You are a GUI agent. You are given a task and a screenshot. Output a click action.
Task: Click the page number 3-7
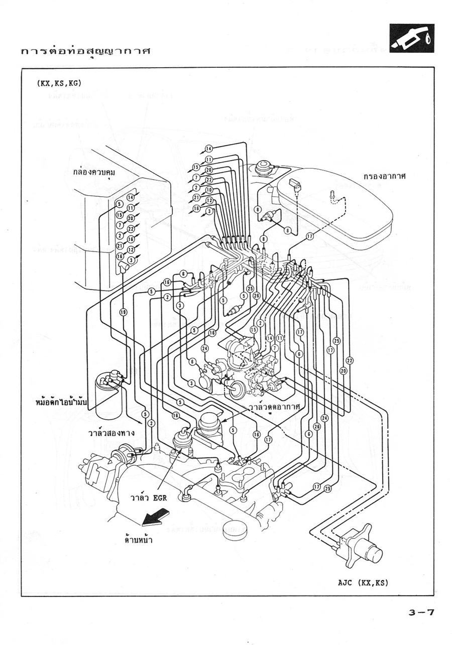click(x=421, y=612)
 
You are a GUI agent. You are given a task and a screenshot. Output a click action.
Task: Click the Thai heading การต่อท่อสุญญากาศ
click(x=86, y=52)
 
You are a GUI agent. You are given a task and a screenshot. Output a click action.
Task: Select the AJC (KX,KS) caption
click(x=364, y=583)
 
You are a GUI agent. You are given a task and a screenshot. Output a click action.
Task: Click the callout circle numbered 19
click(x=123, y=312)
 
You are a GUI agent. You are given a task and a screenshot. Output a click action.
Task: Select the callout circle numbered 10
click(x=209, y=190)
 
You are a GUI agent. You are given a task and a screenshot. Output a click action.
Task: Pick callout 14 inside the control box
click(x=131, y=197)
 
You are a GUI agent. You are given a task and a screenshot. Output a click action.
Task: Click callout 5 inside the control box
click(x=120, y=204)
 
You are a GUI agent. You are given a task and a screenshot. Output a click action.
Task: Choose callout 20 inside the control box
click(x=131, y=218)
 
